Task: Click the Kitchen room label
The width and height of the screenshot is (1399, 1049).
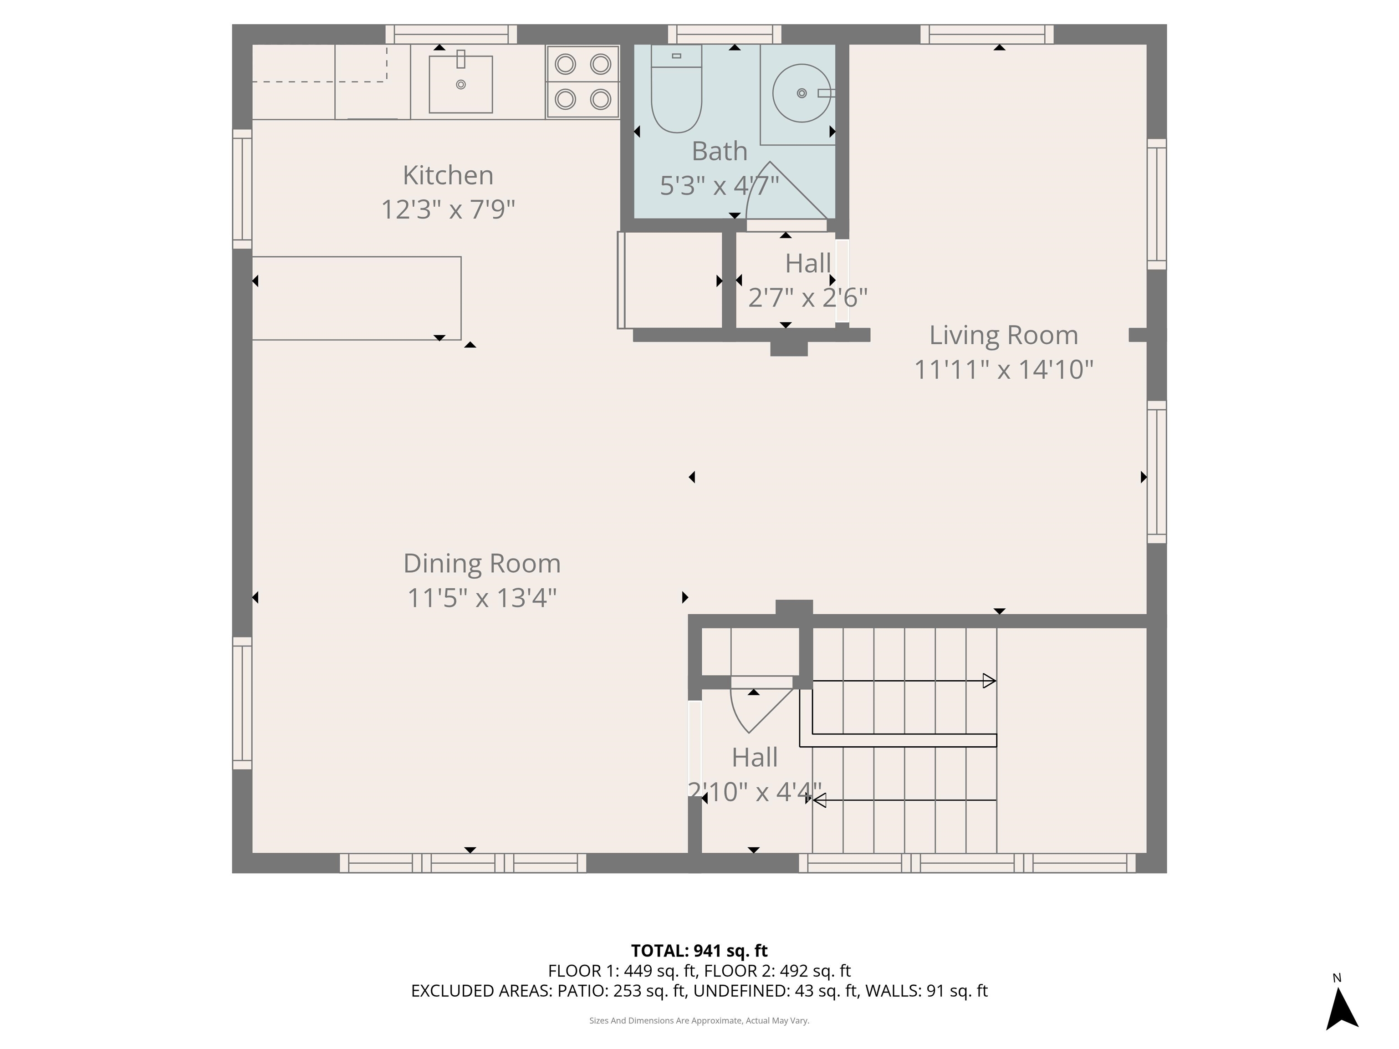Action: [448, 176]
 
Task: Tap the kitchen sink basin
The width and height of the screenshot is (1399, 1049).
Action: [460, 84]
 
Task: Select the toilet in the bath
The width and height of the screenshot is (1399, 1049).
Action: [676, 95]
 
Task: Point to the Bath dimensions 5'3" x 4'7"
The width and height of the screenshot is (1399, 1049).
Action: [719, 186]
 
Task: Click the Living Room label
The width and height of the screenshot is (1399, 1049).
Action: [1003, 335]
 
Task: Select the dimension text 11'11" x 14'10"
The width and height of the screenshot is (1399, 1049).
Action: [1003, 369]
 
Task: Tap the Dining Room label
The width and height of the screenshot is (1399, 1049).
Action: [482, 563]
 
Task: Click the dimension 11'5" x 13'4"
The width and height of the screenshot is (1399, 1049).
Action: [482, 597]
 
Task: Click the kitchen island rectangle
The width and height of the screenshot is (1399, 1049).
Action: [356, 298]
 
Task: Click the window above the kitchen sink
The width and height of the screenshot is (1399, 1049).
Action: [451, 34]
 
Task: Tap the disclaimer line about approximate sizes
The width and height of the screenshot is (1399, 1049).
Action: [699, 1021]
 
